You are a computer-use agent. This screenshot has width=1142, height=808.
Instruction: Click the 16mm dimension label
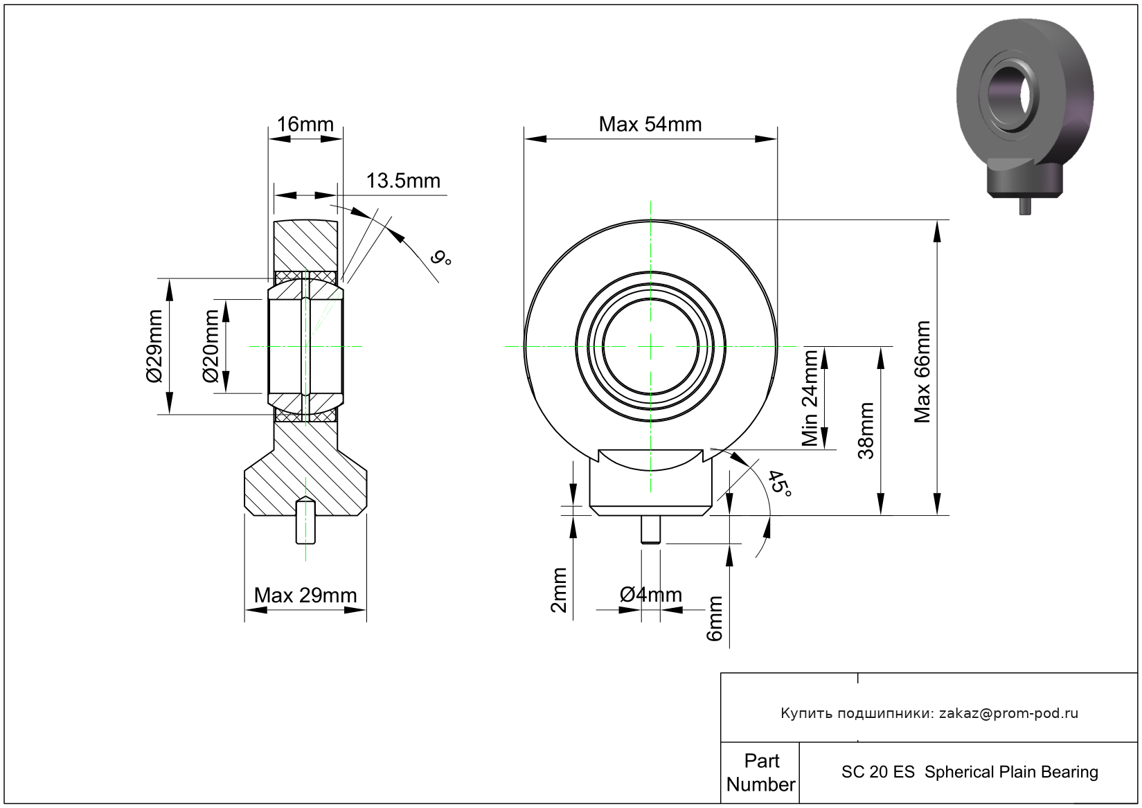[305, 124]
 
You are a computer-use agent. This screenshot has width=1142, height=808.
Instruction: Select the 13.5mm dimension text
[403, 181]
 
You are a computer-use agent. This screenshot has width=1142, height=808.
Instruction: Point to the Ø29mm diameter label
[154, 346]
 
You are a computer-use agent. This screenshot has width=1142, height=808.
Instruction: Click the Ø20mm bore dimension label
[210, 346]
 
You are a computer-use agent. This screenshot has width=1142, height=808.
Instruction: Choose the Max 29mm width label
[305, 595]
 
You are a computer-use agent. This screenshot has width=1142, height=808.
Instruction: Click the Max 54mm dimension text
[650, 124]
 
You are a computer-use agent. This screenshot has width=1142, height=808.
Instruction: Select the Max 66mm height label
[922, 372]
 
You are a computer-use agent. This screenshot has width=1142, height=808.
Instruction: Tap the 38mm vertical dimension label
[866, 431]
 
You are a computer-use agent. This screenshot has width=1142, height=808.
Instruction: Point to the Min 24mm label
[810, 398]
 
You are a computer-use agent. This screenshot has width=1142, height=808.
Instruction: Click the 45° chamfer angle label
[780, 484]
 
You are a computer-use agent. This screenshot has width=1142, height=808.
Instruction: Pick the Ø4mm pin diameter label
[650, 594]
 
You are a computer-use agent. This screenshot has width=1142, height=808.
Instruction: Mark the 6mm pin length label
[714, 618]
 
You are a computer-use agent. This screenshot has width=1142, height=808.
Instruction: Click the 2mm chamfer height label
[559, 590]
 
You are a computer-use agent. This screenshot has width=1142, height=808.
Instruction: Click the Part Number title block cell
[760, 773]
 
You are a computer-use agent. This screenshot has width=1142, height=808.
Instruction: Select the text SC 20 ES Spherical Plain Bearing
[970, 772]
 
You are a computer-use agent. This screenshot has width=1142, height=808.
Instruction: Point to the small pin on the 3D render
[1025, 206]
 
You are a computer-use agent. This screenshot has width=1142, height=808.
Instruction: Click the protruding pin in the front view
[650, 530]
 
